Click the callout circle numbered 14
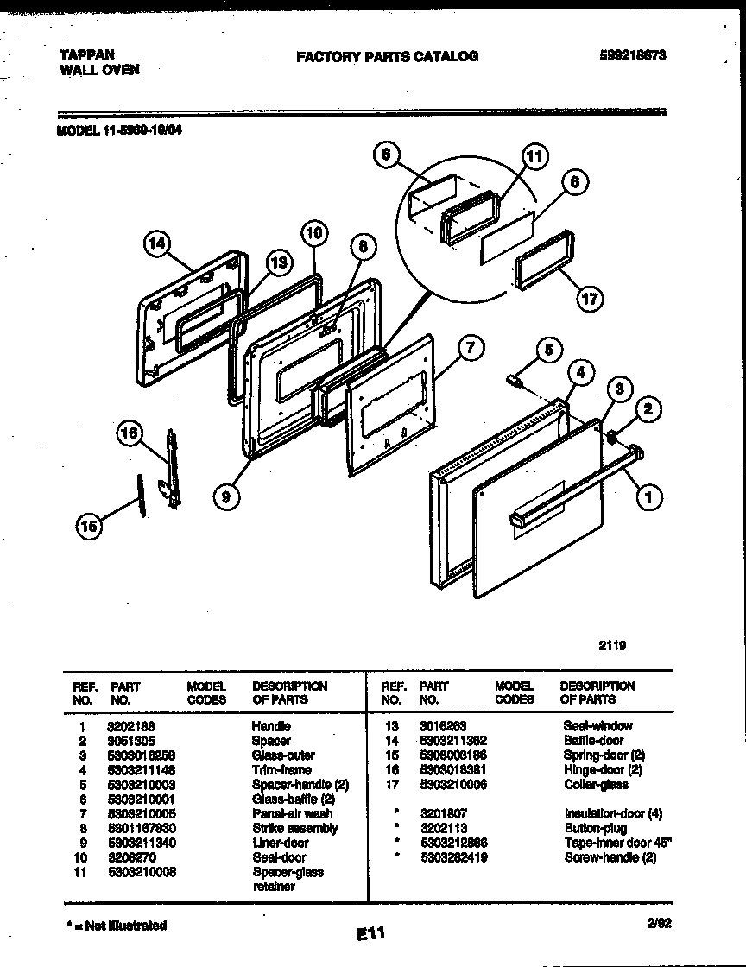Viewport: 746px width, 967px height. pyautogui.click(x=156, y=245)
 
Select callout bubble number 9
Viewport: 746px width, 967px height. pyautogui.click(x=226, y=496)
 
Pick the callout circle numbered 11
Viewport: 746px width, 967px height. pyautogui.click(x=535, y=156)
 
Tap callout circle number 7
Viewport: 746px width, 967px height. pyautogui.click(x=470, y=349)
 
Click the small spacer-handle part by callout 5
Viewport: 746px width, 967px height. pyautogui.click(x=515, y=378)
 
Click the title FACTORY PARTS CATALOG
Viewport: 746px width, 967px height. pyautogui.click(x=387, y=57)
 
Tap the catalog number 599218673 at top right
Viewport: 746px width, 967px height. pyautogui.click(x=632, y=56)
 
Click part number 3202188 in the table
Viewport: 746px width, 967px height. pyautogui.click(x=130, y=726)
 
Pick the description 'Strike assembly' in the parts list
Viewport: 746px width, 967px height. pyautogui.click(x=294, y=828)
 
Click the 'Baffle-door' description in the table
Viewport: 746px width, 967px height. pyautogui.click(x=593, y=741)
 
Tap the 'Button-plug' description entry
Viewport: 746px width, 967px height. pyautogui.click(x=595, y=828)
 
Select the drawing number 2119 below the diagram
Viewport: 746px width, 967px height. pyautogui.click(x=610, y=644)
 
